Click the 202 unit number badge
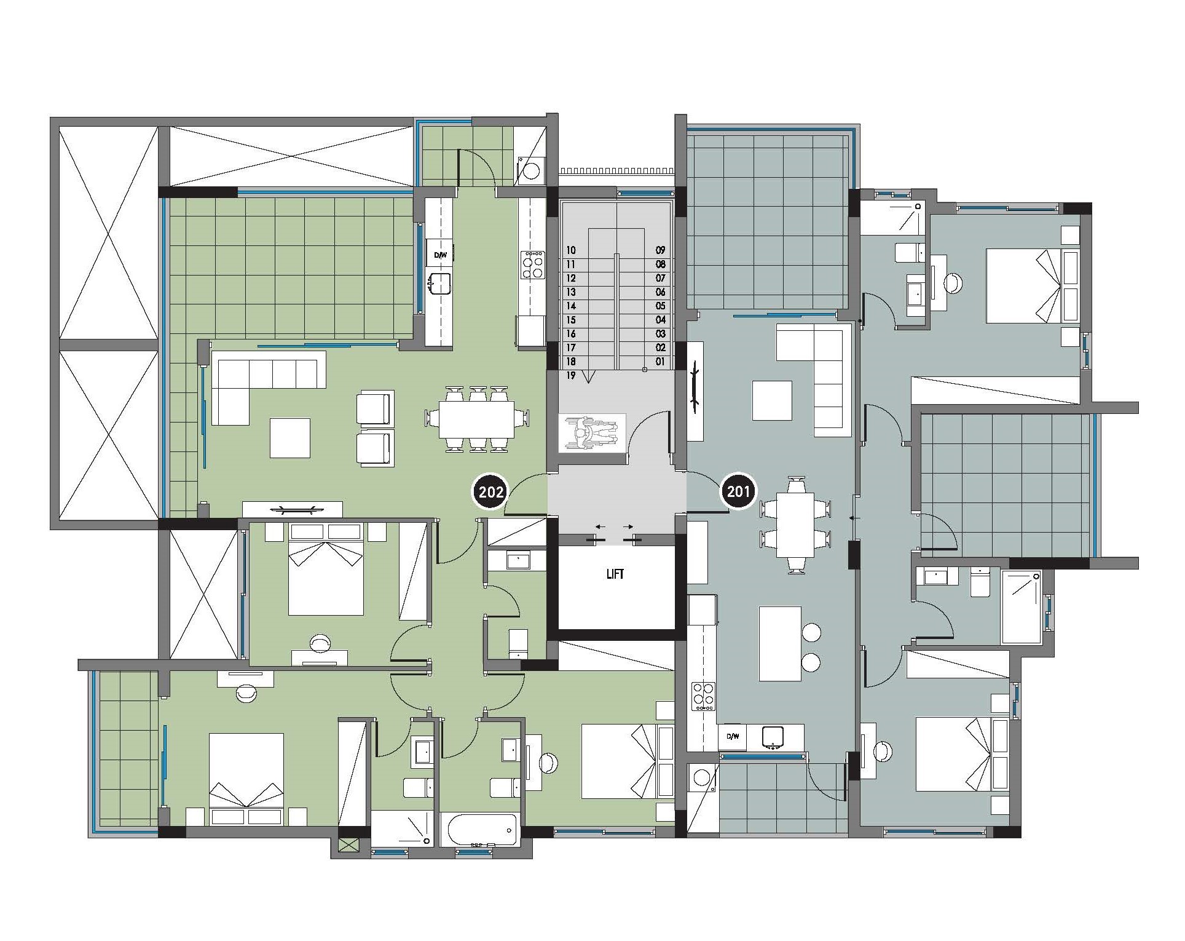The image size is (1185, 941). [491, 492]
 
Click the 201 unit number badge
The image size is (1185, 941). [738, 492]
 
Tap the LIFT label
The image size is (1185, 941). [615, 574]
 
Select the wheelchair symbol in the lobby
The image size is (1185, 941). [591, 433]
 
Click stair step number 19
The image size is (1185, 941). [571, 376]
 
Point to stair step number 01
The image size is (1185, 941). [660, 362]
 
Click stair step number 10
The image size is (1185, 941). [571, 250]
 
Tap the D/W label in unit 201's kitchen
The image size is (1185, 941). [732, 736]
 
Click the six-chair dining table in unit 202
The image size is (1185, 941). [477, 419]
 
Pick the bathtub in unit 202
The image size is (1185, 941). [481, 830]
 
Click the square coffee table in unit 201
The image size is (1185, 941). [772, 400]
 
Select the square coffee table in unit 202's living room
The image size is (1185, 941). [290, 437]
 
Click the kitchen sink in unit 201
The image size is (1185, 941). [772, 737]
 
